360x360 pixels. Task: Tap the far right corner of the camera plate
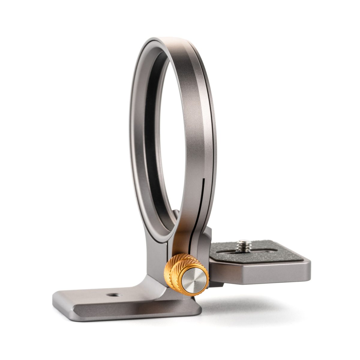coord(309,264)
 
